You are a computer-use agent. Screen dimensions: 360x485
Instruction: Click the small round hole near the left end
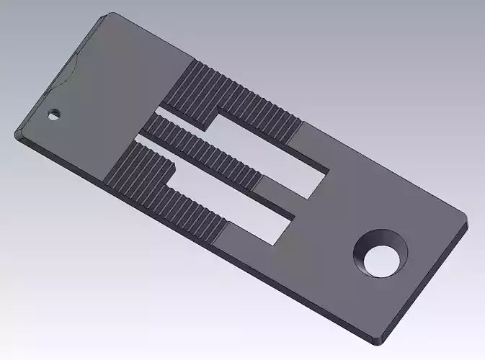[53, 114]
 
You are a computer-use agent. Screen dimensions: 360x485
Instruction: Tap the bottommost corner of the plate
[379, 338]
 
